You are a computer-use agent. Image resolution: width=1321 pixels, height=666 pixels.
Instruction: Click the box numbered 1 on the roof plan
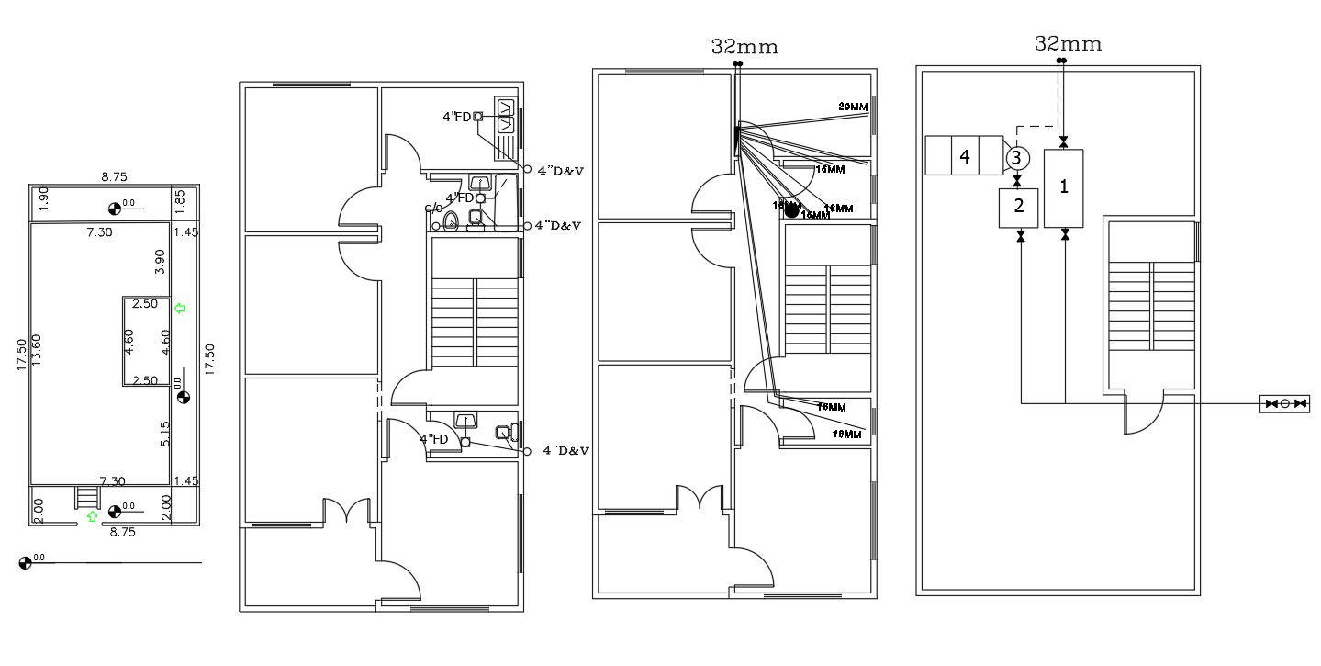click(1064, 187)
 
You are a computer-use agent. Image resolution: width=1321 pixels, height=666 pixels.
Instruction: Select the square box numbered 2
click(1018, 207)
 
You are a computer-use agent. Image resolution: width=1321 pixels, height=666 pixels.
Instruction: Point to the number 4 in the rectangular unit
click(964, 157)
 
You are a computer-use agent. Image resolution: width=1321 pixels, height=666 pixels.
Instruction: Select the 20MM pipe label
click(853, 107)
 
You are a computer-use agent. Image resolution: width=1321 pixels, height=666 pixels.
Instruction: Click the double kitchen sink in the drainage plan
click(507, 116)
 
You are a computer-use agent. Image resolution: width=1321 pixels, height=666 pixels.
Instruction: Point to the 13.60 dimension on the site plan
click(38, 351)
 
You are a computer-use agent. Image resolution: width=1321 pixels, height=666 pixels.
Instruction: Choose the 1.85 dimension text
click(180, 198)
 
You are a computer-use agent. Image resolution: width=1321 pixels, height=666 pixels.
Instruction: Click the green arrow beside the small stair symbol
click(92, 517)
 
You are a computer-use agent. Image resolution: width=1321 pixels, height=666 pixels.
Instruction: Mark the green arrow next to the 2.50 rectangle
click(180, 309)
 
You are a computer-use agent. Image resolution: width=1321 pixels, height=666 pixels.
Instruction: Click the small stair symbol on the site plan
click(86, 497)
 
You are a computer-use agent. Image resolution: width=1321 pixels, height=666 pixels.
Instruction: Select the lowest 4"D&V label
click(565, 451)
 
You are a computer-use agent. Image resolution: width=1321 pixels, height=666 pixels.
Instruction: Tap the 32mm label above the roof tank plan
click(1068, 43)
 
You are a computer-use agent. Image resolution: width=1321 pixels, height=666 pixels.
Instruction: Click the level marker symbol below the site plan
click(25, 562)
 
